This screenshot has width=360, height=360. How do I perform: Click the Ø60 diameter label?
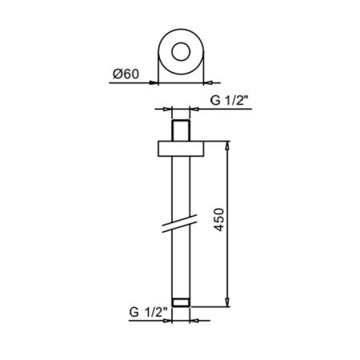126,74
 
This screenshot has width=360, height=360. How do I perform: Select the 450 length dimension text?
219,220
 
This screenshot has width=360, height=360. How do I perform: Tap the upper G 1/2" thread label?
230,100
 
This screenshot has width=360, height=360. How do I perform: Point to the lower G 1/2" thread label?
148,312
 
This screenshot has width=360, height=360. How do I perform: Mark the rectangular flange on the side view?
181,149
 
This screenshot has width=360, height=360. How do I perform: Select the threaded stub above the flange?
181,130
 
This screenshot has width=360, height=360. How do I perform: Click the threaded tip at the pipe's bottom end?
181,302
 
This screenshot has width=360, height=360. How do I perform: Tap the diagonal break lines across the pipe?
180,223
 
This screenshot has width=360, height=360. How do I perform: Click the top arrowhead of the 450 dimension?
227,145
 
